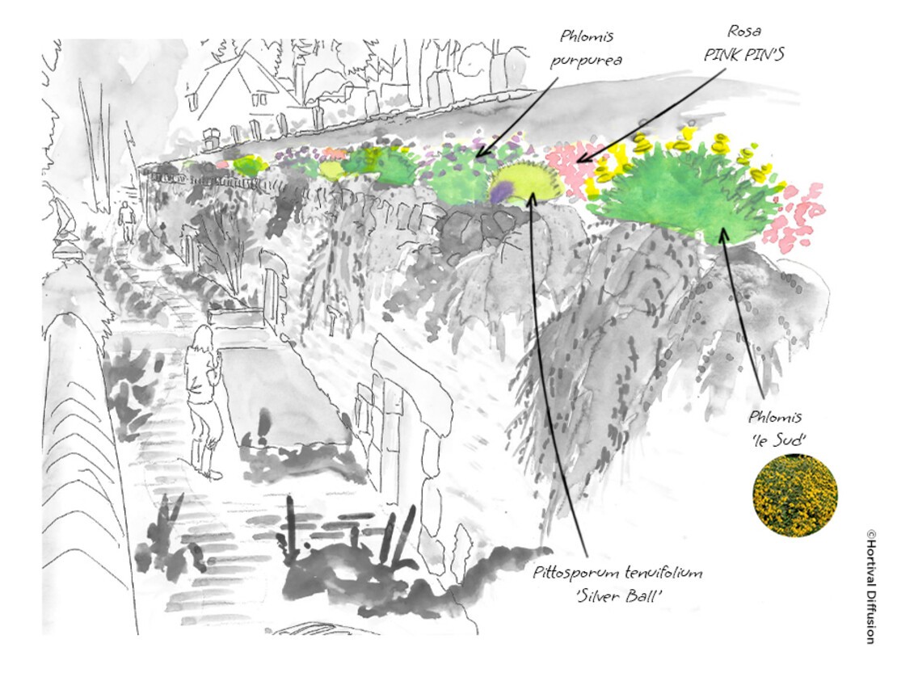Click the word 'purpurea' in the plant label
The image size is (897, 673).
[x=586, y=61]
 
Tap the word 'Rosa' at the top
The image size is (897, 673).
[x=743, y=31]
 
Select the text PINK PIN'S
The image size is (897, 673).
[x=743, y=54]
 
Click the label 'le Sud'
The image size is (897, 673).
[x=775, y=440]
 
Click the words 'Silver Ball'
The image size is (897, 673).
[x=619, y=595]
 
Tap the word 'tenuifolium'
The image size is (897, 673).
[x=663, y=572]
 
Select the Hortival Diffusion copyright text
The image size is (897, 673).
[x=870, y=587]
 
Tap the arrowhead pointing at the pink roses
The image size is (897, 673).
[x=581, y=158]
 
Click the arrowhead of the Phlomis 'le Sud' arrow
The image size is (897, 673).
[x=722, y=233]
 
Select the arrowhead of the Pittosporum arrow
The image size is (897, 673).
[x=533, y=197]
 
